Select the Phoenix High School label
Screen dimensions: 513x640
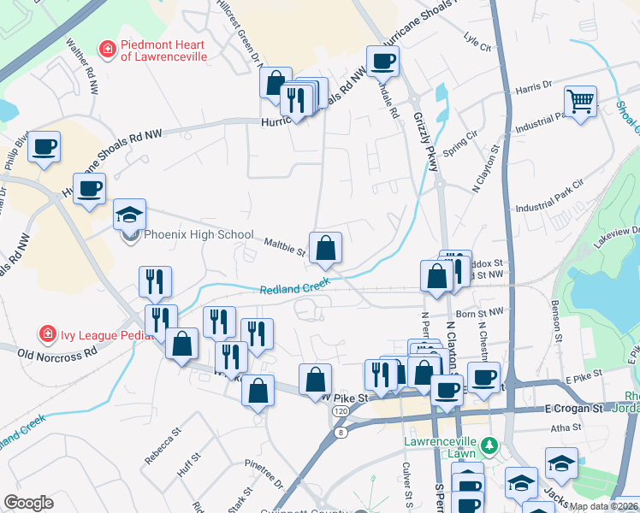pos(199,234)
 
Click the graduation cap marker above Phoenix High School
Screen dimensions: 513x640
pos(129,214)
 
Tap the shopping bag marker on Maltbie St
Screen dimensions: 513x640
pos(325,248)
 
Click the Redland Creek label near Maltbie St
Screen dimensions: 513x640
pos(295,286)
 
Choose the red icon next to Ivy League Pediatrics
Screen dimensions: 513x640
pos(46,332)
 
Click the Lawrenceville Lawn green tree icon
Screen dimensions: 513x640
pos(489,445)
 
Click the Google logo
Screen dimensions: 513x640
pos(28,502)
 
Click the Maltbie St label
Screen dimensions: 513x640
pos(284,247)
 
